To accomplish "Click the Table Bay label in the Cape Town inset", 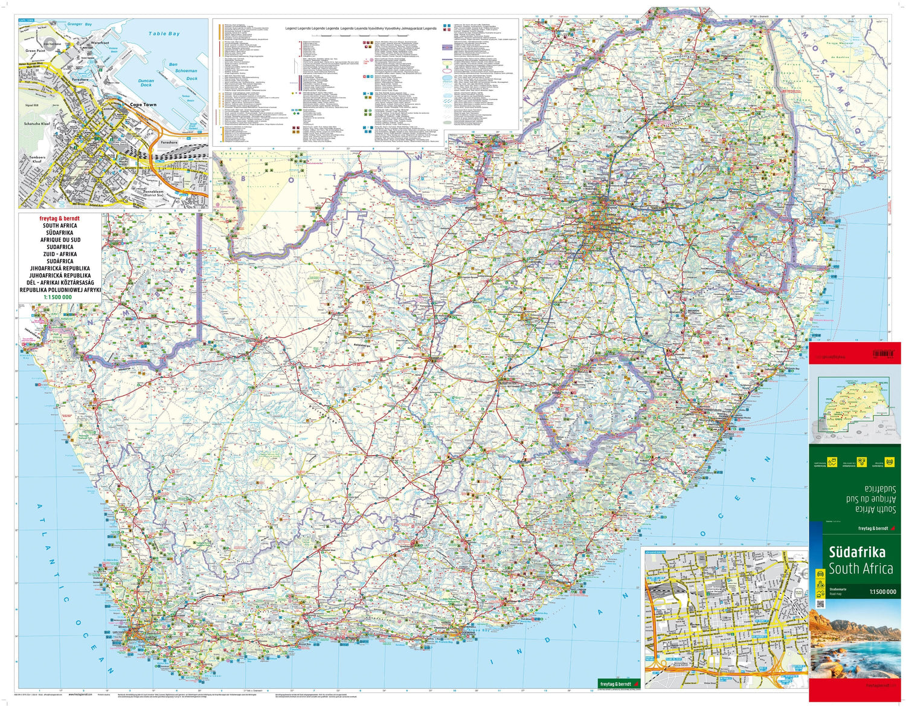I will (x=164, y=34).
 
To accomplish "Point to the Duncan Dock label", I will (x=146, y=83).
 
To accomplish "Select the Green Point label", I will (x=36, y=51).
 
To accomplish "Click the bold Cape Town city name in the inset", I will (x=143, y=105).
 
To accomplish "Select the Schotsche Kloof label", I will (x=37, y=123).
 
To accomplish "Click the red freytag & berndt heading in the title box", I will (x=59, y=218).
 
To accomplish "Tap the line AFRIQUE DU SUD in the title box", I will (x=60, y=240).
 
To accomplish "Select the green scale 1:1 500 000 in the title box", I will (x=57, y=297).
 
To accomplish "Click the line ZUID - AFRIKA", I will (x=60, y=254).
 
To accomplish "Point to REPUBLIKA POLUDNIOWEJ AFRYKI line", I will (x=60, y=290).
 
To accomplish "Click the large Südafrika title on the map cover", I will (x=856, y=552).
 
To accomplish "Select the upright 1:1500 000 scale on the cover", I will (x=882, y=592).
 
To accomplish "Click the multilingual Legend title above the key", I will (x=361, y=28).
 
